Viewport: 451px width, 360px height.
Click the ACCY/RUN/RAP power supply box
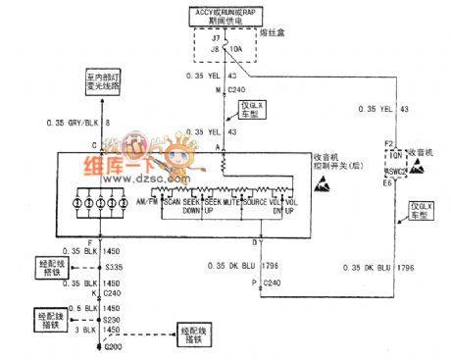coord(226,17)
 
